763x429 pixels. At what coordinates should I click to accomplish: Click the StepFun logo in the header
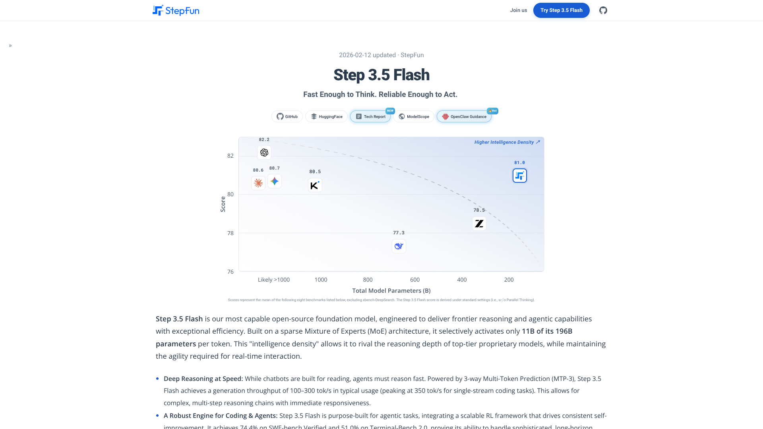click(x=176, y=10)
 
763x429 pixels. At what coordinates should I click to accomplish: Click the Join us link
click(x=518, y=10)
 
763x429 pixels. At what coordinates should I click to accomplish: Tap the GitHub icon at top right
click(x=603, y=10)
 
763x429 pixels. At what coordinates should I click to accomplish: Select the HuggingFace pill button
click(x=326, y=116)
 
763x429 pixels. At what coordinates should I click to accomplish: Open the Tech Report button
click(x=370, y=116)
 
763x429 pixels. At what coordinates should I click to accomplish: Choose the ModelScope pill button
click(x=414, y=116)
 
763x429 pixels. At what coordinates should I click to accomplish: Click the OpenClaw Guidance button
click(x=464, y=116)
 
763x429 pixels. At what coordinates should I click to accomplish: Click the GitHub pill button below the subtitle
click(x=287, y=116)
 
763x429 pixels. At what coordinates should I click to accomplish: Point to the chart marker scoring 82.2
click(x=264, y=153)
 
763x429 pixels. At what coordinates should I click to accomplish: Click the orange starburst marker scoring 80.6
click(x=258, y=183)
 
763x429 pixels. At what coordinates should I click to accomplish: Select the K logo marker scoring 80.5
click(x=315, y=186)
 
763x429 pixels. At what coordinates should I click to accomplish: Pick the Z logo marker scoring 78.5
click(x=479, y=224)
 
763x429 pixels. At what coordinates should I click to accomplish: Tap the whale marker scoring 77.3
click(x=399, y=246)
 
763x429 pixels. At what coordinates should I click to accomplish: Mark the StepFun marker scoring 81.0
click(x=520, y=176)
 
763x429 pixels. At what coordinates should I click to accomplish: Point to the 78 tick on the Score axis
click(x=230, y=233)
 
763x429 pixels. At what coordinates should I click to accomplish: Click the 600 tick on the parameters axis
click(x=415, y=280)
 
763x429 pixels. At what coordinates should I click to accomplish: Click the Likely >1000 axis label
click(x=274, y=280)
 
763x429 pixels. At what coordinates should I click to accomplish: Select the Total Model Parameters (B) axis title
click(x=391, y=291)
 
